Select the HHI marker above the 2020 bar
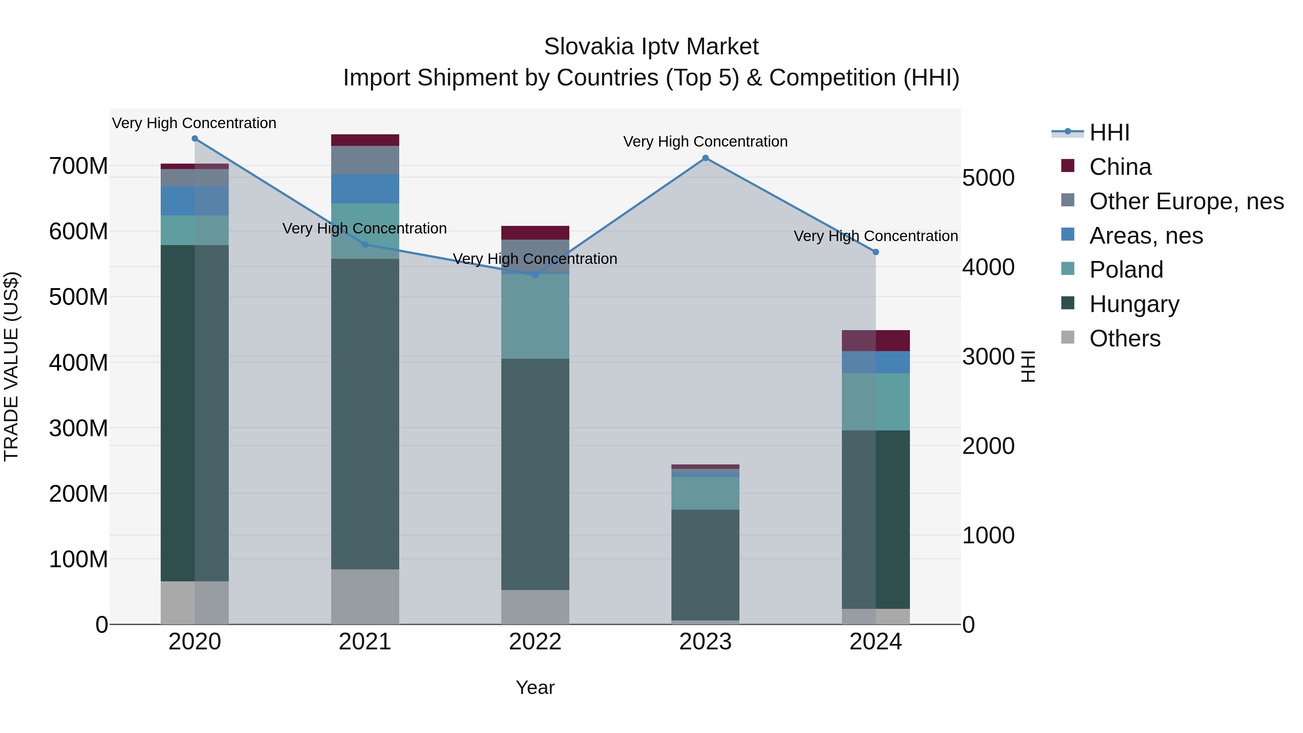tap(195, 139)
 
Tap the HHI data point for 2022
tap(535, 275)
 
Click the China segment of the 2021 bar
tap(365, 140)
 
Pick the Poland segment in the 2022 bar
tap(535, 316)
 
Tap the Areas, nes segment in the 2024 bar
tap(876, 362)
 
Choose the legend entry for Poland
tap(1126, 270)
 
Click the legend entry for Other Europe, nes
tap(1186, 201)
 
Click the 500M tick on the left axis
tap(79, 297)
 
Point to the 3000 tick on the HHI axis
tap(988, 357)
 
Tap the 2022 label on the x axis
tap(535, 642)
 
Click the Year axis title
tap(535, 687)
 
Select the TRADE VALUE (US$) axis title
tap(11, 366)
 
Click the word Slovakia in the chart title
tap(588, 47)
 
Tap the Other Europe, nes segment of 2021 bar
tap(365, 160)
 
